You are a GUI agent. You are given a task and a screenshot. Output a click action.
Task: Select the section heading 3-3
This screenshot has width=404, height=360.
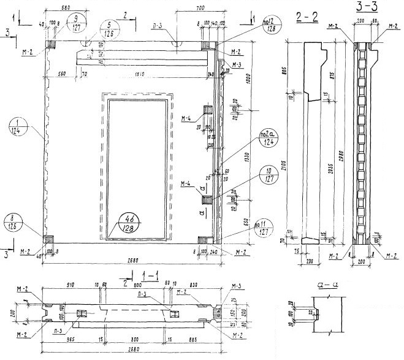tap(367, 8)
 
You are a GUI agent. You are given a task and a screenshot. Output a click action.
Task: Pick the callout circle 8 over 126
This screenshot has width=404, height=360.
tap(13, 220)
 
